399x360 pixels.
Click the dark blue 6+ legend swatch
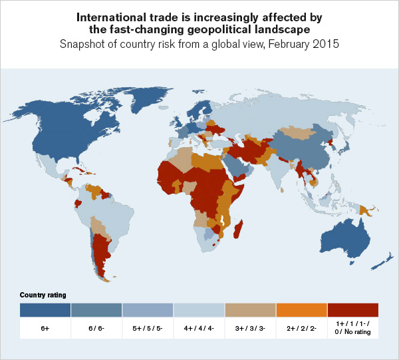(45, 310)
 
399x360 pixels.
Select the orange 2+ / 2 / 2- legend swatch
(301, 310)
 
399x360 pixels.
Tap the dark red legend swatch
(352, 310)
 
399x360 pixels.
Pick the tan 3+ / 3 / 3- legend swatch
(250, 310)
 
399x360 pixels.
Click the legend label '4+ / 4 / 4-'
(199, 329)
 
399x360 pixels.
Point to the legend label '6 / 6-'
(96, 329)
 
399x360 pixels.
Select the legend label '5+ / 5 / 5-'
(148, 329)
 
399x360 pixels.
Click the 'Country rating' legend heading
(43, 295)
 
